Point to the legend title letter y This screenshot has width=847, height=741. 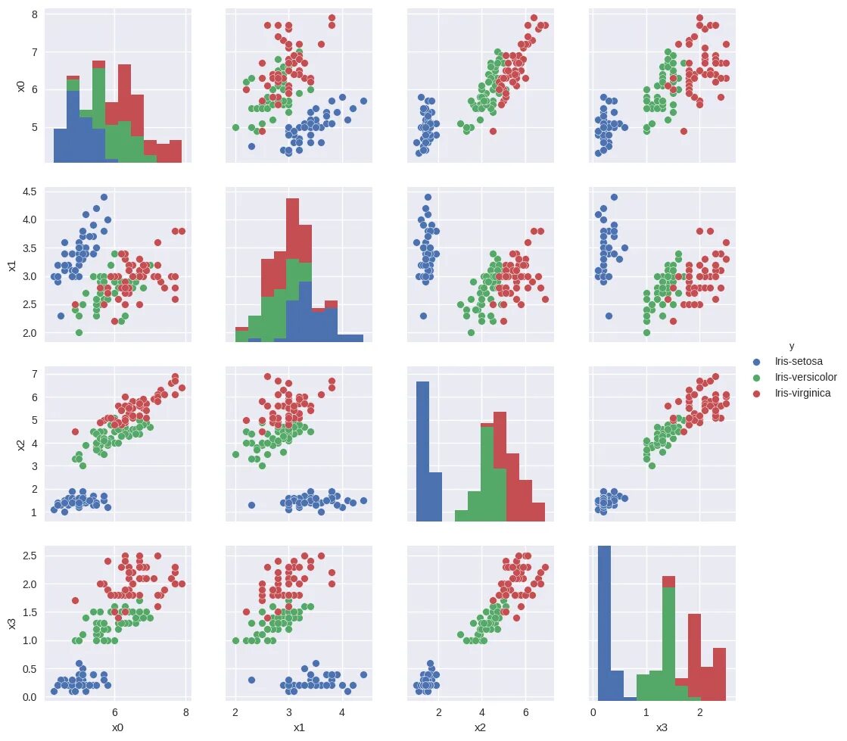792,346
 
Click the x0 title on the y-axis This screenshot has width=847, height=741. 20,85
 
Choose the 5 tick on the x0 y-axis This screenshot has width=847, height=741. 33,127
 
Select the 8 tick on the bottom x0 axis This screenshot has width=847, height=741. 185,712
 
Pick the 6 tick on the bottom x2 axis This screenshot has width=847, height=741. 524,712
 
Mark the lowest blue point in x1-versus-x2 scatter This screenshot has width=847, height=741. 423,316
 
